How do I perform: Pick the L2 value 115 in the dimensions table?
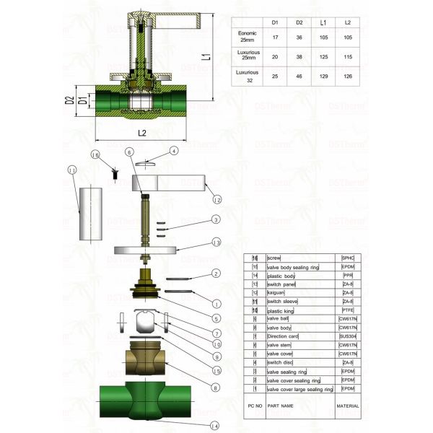[348, 56]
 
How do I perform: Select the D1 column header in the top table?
[274, 22]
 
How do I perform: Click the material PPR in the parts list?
[348, 276]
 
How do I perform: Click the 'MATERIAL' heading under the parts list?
[348, 406]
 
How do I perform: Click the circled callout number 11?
[71, 170]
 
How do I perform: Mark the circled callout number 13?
[216, 242]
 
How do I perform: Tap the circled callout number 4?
[173, 152]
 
